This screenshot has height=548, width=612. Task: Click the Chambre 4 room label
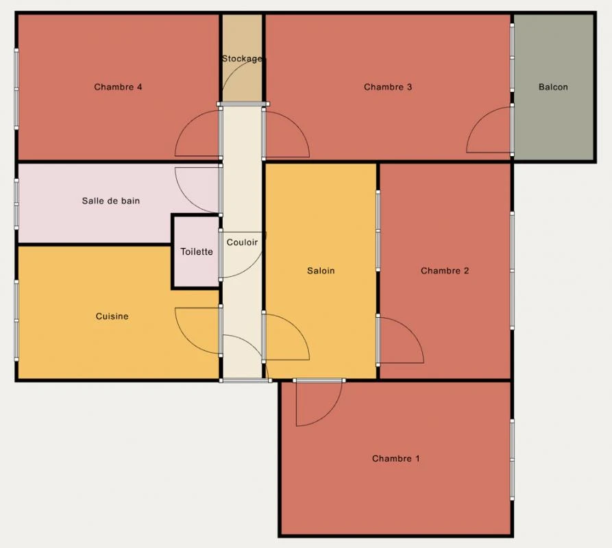pos(118,87)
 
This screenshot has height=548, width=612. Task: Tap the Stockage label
pos(242,59)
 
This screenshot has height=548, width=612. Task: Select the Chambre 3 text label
pos(388,87)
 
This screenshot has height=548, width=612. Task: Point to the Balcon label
pos(553,87)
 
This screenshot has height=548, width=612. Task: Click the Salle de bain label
pos(111,201)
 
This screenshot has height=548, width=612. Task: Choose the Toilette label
pos(197,252)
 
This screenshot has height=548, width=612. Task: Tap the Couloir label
pos(243,242)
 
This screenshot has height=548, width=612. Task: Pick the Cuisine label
pos(112,316)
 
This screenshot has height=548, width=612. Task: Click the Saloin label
pos(321,271)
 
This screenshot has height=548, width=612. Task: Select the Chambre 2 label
pos(445,271)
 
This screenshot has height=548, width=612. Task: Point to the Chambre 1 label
pos(395,459)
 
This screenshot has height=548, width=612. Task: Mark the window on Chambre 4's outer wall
pos(16,89)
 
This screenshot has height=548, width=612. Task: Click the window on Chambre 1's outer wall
pos(512,460)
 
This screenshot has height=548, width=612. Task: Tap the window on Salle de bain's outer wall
pos(16,204)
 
